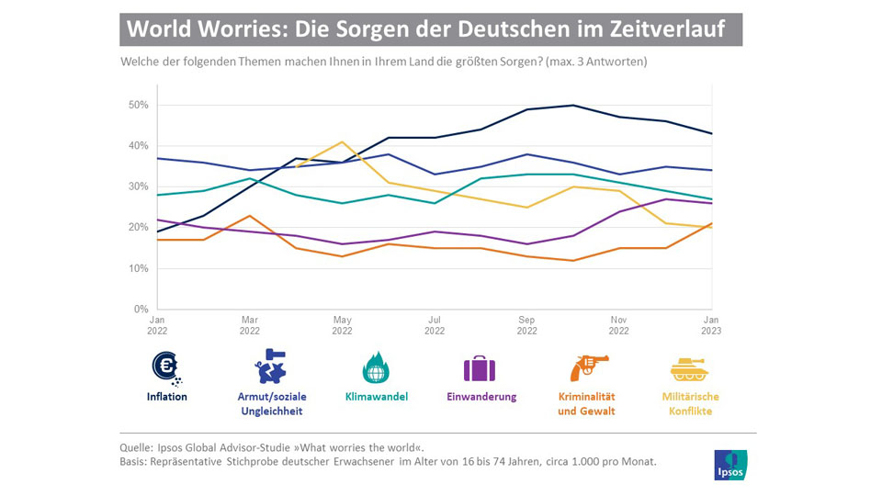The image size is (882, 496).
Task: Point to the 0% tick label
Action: coord(140,309)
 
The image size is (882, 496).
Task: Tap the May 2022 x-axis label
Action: coord(342,325)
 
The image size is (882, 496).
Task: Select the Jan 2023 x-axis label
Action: coord(711,325)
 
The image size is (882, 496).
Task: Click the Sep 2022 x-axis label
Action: coord(526,325)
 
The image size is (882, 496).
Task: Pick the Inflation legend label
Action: coord(166,397)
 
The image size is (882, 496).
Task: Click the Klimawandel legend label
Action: coord(376,397)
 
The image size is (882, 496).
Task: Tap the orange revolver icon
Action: coord(587,367)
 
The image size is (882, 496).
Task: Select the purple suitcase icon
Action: coord(479,368)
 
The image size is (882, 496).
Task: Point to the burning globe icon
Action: coord(376,367)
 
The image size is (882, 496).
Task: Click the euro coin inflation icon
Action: coord(166,367)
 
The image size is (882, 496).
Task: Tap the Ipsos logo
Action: coord(730,465)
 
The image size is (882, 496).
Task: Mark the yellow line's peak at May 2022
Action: coord(342,141)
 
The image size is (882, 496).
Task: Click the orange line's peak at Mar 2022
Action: coord(250,216)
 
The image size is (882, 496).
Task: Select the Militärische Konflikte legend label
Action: coord(691,403)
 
